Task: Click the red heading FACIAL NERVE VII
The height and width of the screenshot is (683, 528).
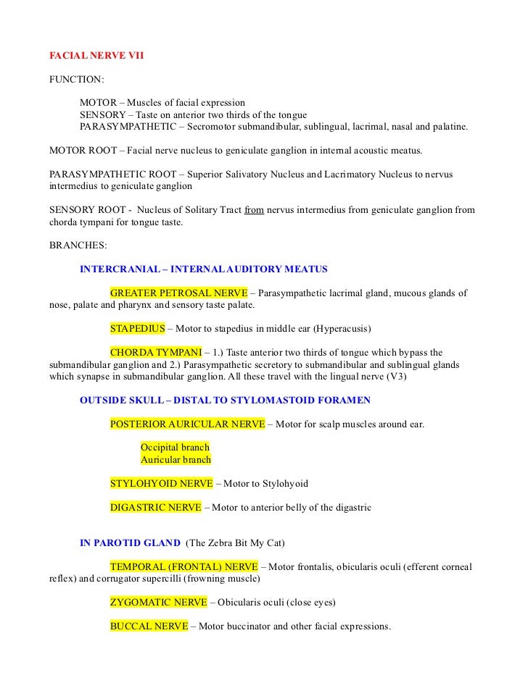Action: click(96, 54)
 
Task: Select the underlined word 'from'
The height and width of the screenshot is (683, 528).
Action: click(254, 210)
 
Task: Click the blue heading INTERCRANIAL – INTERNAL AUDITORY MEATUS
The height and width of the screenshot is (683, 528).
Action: click(203, 269)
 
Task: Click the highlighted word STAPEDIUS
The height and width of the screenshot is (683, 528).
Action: click(138, 328)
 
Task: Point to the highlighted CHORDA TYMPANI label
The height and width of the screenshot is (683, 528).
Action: click(156, 352)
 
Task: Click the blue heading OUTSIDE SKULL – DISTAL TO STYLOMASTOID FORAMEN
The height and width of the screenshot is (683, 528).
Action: click(225, 400)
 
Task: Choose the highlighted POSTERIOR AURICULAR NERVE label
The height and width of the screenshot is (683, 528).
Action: click(187, 424)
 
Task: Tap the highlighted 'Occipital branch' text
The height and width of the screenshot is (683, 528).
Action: click(175, 448)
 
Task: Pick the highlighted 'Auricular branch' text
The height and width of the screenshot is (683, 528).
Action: click(176, 459)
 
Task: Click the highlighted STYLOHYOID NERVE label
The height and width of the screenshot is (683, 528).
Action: click(161, 483)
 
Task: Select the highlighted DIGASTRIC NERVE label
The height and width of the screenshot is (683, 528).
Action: click(156, 507)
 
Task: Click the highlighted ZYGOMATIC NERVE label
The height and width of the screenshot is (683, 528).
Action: click(158, 602)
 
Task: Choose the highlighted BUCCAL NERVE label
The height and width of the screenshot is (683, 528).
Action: click(149, 626)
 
